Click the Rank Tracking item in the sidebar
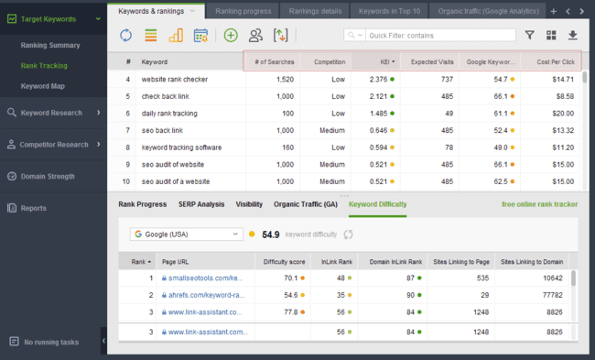coord(44,66)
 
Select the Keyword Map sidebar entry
coord(43,86)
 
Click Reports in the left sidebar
coord(34,208)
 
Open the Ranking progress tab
coord(243,11)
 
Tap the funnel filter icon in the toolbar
coord(529,36)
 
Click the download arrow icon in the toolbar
coord(572,36)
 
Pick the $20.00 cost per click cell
coord(562,113)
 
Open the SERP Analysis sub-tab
coord(200,204)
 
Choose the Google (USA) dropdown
coord(185,234)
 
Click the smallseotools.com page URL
coord(204,277)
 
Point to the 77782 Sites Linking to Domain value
coord(551,295)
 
